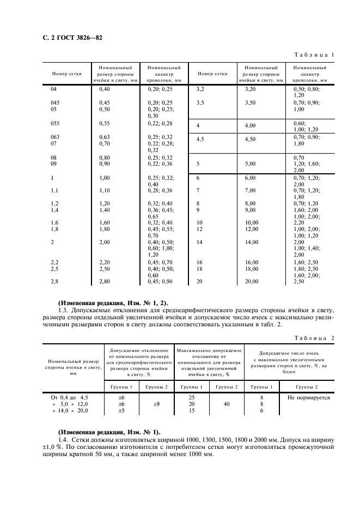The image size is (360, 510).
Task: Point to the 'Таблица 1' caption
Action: pyautogui.click(x=314, y=55)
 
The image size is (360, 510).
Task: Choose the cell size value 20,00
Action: pyautogui.click(x=251, y=281)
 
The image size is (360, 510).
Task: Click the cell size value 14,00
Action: pyautogui.click(x=251, y=241)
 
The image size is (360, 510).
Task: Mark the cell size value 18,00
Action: pyautogui.click(x=251, y=269)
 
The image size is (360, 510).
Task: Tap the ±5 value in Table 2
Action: pyautogui.click(x=121, y=411)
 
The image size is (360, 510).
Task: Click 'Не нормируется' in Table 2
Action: pyautogui.click(x=309, y=398)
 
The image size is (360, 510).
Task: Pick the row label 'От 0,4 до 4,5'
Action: pyautogui.click(x=69, y=398)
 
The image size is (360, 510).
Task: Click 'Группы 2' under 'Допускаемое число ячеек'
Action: pyautogui.click(x=309, y=386)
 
